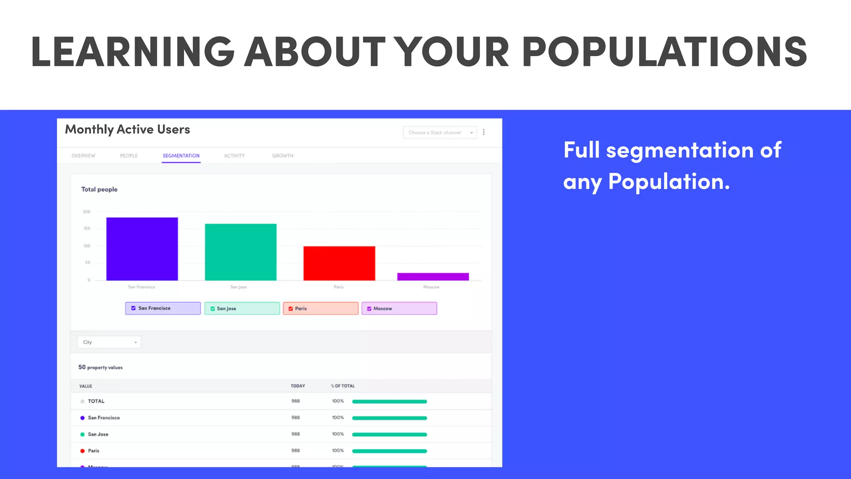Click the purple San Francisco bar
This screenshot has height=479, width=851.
coord(142,249)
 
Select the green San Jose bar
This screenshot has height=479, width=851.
coord(241,252)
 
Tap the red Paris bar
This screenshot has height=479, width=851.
coord(339,263)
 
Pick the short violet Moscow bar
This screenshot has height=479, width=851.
coord(433,277)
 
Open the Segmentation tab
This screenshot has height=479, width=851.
coord(181,156)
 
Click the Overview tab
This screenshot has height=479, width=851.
coord(83,156)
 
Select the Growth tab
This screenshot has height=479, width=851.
coord(283,156)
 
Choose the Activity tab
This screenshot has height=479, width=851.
coord(234,156)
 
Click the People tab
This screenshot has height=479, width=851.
coord(129,156)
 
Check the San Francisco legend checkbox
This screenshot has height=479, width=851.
coord(133,308)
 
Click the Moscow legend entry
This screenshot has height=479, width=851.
coord(399,309)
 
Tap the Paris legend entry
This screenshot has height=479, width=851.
coord(320,309)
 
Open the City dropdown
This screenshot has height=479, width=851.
coord(109,342)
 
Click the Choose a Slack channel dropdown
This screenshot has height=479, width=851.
coord(440,133)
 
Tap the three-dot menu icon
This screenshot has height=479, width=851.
coord(484,132)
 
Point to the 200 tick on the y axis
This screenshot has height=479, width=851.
coord(86,212)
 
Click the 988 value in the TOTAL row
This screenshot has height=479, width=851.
coord(295,401)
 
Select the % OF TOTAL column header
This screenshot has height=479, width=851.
coord(343,386)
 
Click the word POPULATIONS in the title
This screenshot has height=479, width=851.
coord(664,52)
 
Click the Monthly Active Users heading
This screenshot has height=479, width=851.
coord(128,129)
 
